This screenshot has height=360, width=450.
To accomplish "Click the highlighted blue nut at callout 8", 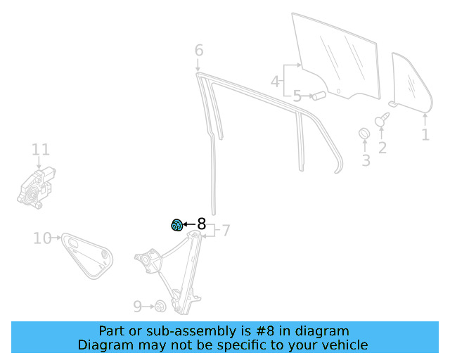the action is [176, 225].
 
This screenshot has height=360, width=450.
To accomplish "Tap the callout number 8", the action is [202, 224].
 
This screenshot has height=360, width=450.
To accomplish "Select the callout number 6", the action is [199, 50].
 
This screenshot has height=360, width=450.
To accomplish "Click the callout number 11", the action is [41, 150].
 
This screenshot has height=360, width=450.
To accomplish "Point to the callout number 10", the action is [42, 238].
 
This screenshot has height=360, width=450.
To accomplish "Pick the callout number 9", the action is [138, 307].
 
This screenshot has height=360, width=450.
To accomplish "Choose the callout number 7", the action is [226, 231].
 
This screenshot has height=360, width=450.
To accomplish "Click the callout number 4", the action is [275, 82].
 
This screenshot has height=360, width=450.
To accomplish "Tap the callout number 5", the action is [297, 96].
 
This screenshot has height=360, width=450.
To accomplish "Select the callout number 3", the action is [366, 160].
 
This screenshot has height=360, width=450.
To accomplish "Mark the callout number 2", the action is [382, 148].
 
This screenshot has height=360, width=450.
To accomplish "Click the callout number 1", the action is [425, 134].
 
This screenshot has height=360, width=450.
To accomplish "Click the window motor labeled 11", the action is [36, 188].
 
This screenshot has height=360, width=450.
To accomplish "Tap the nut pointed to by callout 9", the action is [160, 307].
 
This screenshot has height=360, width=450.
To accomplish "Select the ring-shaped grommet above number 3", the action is [364, 133].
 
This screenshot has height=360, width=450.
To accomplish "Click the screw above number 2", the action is [382, 119].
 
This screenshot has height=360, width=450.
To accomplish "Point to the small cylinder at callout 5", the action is [319, 96].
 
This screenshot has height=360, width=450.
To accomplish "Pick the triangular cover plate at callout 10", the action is [87, 256].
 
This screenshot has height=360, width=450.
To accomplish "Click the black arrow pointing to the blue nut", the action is [189, 224].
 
